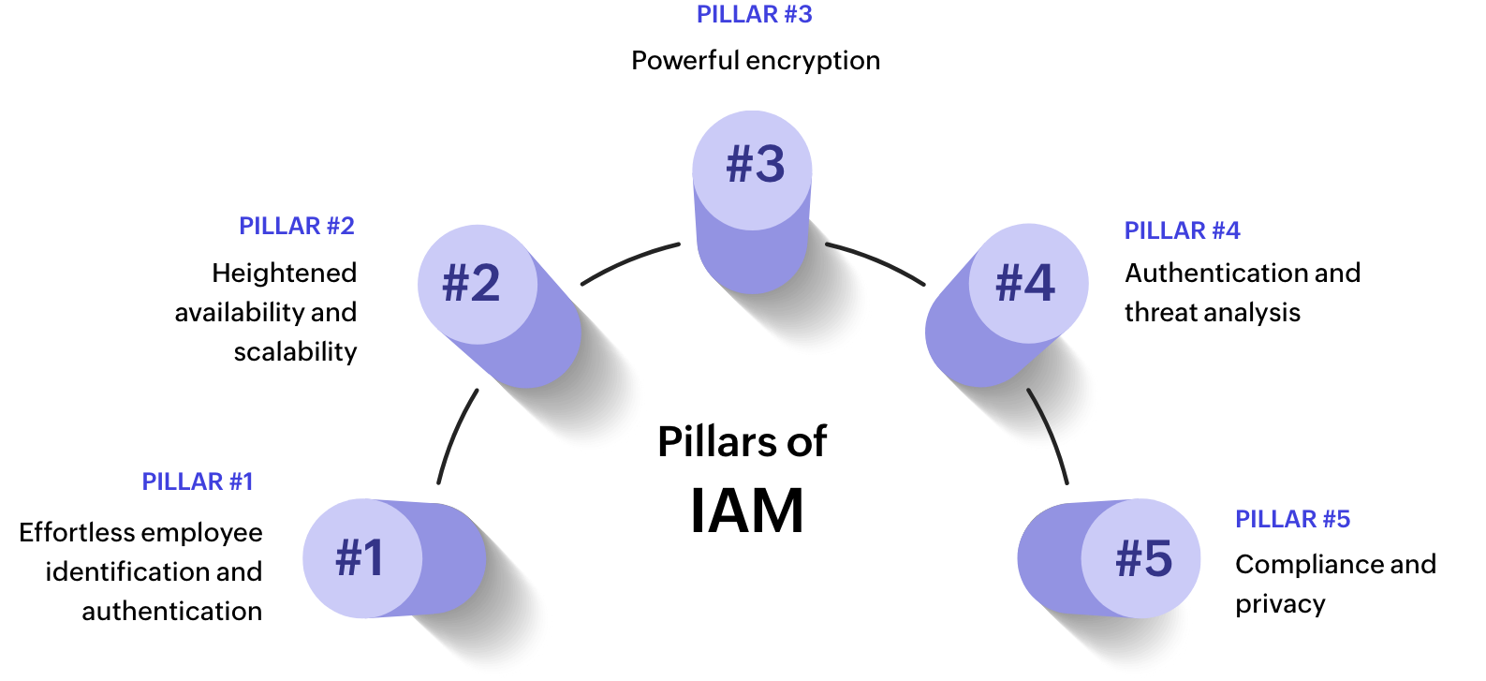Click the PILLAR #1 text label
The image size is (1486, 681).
pyautogui.click(x=198, y=481)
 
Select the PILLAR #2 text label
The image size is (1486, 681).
pyautogui.click(x=296, y=226)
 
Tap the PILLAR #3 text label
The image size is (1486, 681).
pyautogui.click(x=754, y=14)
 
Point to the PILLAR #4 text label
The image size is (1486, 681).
pyautogui.click(x=1182, y=230)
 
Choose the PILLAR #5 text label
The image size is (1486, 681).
pyautogui.click(x=1292, y=519)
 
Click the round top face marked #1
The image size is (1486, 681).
pyautogui.click(x=361, y=558)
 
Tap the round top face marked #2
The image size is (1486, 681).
pyautogui.click(x=477, y=284)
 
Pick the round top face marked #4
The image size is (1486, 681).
pyautogui.click(x=1028, y=283)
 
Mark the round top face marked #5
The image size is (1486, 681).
pyautogui.click(x=1141, y=558)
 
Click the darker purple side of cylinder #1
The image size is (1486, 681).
pyautogui.click(x=454, y=558)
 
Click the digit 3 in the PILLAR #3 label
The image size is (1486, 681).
pyautogui.click(x=803, y=14)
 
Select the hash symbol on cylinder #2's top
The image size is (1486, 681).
pyautogui.click(x=455, y=283)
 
